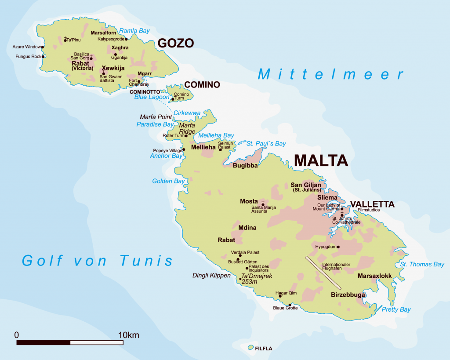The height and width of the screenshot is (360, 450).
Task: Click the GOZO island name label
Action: (x=175, y=43)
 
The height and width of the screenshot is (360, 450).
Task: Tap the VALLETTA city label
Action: (x=372, y=204)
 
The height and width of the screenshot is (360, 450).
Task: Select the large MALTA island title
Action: (x=321, y=160)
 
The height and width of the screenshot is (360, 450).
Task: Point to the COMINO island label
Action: (x=202, y=84)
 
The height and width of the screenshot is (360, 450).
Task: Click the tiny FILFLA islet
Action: (x=250, y=348)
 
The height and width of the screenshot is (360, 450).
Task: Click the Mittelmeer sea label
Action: (x=330, y=74)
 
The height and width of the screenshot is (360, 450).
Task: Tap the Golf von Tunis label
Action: (x=98, y=260)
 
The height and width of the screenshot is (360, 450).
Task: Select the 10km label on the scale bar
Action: (x=128, y=335)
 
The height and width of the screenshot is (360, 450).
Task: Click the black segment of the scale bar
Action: (x=43, y=342)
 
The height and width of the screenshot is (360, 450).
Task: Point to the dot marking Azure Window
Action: (x=43, y=47)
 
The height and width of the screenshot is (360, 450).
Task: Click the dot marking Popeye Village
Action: (x=184, y=149)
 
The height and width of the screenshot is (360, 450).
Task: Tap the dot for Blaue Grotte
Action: (x=290, y=305)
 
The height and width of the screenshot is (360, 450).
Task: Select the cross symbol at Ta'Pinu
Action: (x=65, y=39)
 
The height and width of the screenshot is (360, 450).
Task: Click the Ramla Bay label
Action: (x=135, y=31)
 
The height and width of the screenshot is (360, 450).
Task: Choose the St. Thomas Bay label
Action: (x=422, y=264)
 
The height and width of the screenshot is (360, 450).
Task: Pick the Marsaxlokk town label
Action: (x=374, y=276)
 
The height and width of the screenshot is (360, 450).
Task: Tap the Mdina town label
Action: (x=247, y=228)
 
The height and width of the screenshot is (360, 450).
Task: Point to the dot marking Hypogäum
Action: (x=338, y=247)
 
